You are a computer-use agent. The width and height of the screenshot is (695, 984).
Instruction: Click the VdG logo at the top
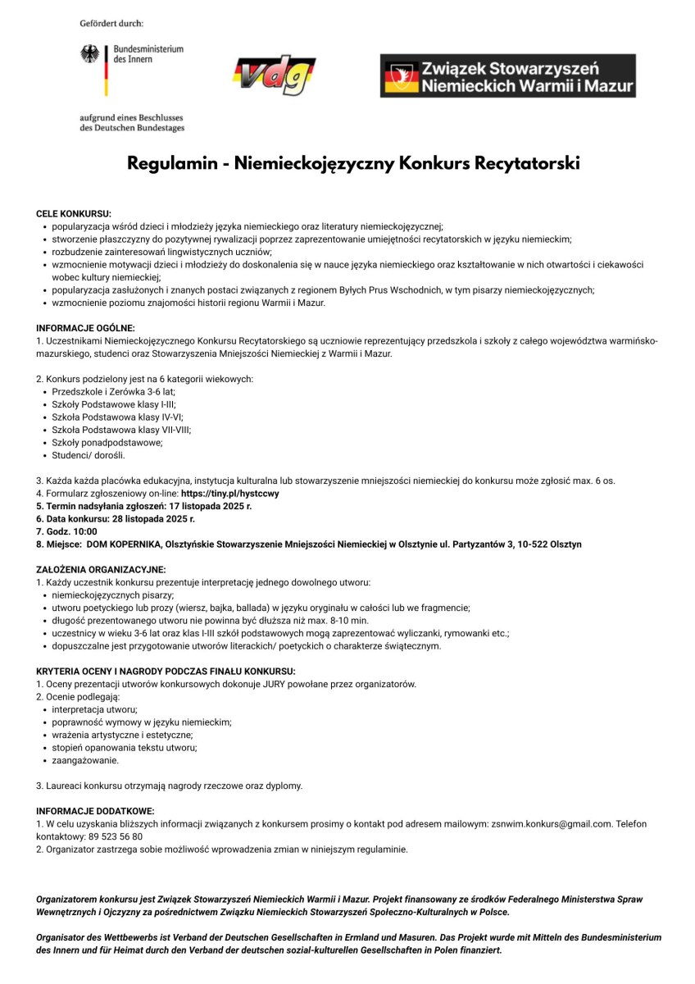[275, 76]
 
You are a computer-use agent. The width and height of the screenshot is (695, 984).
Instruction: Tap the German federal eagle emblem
[89, 55]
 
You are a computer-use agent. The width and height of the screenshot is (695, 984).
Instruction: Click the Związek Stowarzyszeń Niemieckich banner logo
[507, 76]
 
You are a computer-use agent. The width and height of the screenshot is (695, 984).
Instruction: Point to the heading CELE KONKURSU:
[74, 213]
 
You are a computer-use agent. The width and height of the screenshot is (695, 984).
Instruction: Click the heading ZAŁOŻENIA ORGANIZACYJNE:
[101, 569]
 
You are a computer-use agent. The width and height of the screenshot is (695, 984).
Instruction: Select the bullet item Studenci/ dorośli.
[89, 455]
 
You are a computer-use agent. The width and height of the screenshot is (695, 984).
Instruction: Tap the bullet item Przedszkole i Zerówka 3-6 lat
[113, 391]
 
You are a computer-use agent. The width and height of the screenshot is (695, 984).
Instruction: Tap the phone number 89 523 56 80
[115, 836]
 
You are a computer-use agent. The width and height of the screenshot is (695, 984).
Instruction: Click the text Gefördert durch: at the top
[111, 23]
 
